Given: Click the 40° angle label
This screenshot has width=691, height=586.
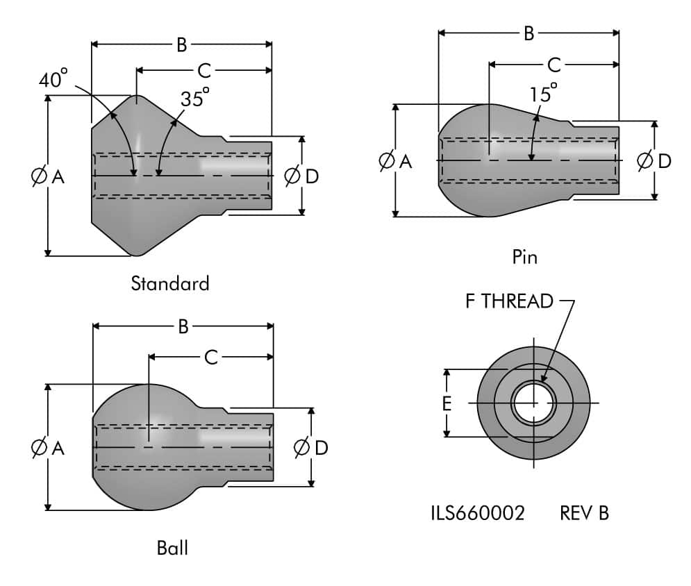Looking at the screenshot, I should click(53, 81).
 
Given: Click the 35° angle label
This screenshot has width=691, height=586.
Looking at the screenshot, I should click(195, 98).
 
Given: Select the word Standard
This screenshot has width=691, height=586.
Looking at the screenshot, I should click(169, 283).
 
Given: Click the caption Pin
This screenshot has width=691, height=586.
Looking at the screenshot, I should click(524, 257).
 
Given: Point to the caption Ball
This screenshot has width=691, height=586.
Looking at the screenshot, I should click(172, 548).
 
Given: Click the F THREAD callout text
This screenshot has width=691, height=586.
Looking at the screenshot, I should click(510, 301).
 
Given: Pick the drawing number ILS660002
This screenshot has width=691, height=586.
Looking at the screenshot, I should click(477, 513).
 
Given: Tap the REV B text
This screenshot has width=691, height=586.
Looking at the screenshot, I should click(584, 513).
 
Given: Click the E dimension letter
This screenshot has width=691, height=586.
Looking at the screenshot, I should click(447, 403).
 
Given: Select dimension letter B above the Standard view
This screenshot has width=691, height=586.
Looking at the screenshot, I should click(181, 45).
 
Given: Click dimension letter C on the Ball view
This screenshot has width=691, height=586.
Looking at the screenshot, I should click(211, 358).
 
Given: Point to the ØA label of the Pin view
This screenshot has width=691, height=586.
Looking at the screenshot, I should click(394, 162).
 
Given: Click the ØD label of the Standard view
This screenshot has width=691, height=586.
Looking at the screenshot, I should click(301, 176).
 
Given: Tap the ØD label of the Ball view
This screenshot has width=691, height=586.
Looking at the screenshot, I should click(310, 448).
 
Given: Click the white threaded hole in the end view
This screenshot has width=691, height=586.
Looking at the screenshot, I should click(533, 403).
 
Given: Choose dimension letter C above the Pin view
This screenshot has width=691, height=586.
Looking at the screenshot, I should click(553, 65).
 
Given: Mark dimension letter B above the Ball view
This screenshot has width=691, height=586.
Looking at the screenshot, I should click(183, 327).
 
